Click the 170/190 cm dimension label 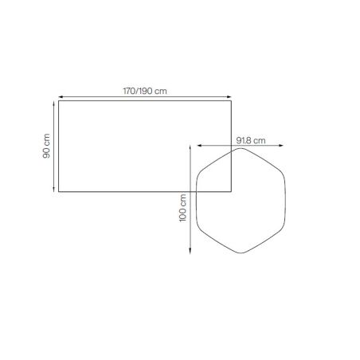click(145, 91)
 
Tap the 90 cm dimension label click(46, 146)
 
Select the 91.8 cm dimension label click(251, 140)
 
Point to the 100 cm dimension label click(182, 208)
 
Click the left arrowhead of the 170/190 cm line click(61, 97)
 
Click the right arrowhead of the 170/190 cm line click(229, 97)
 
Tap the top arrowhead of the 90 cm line click(54, 103)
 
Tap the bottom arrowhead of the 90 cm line click(54, 190)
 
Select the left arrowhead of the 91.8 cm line click(199, 145)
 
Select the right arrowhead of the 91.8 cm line click(281, 145)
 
